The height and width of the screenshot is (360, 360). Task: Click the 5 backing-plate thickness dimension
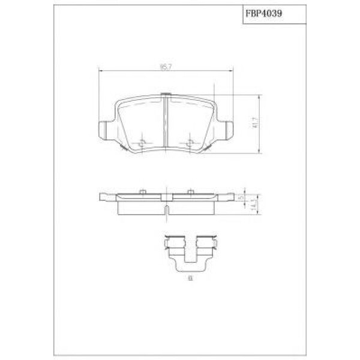click(239, 197)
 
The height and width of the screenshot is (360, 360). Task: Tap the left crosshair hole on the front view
click(142, 143)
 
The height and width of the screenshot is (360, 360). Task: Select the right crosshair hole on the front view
click(190, 143)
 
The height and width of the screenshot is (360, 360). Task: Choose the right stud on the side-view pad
click(190, 191)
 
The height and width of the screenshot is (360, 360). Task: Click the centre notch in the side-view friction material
click(165, 209)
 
